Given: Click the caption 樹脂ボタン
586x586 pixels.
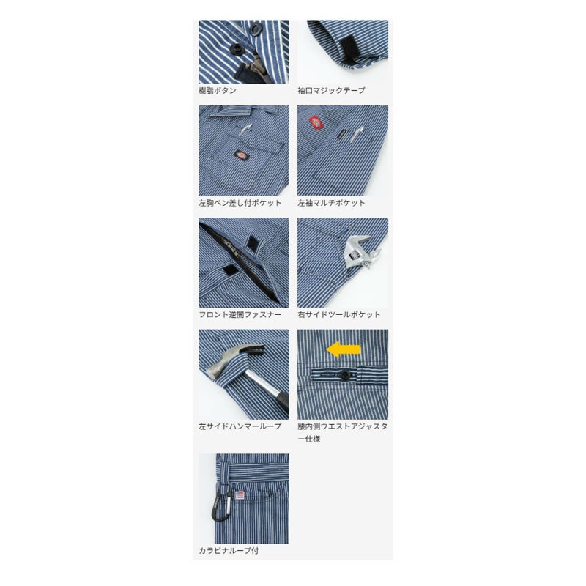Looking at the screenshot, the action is click(218, 90).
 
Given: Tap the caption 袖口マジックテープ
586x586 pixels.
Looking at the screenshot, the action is click(331, 90).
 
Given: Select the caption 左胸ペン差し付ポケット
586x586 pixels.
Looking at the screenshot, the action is click(240, 203).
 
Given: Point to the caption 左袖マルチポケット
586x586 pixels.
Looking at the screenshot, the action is click(331, 203).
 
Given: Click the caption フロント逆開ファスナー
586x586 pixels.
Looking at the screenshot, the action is click(240, 315).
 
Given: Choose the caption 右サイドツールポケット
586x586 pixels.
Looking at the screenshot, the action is click(339, 315).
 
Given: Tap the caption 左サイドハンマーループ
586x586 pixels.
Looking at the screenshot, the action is click(240, 426).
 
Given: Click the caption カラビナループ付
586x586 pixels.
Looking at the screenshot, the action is click(229, 551).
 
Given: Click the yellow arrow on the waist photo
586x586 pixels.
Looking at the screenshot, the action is click(344, 349).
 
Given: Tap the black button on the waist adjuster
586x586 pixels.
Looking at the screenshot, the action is click(344, 374).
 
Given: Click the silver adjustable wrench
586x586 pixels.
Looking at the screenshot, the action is click(360, 252).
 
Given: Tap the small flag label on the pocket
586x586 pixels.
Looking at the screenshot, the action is click(240, 495).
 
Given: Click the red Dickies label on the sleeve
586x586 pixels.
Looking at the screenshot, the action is click(315, 122).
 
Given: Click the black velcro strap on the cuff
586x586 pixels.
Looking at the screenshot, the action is click(349, 51).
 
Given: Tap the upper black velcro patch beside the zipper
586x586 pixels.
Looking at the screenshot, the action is click(256, 242).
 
